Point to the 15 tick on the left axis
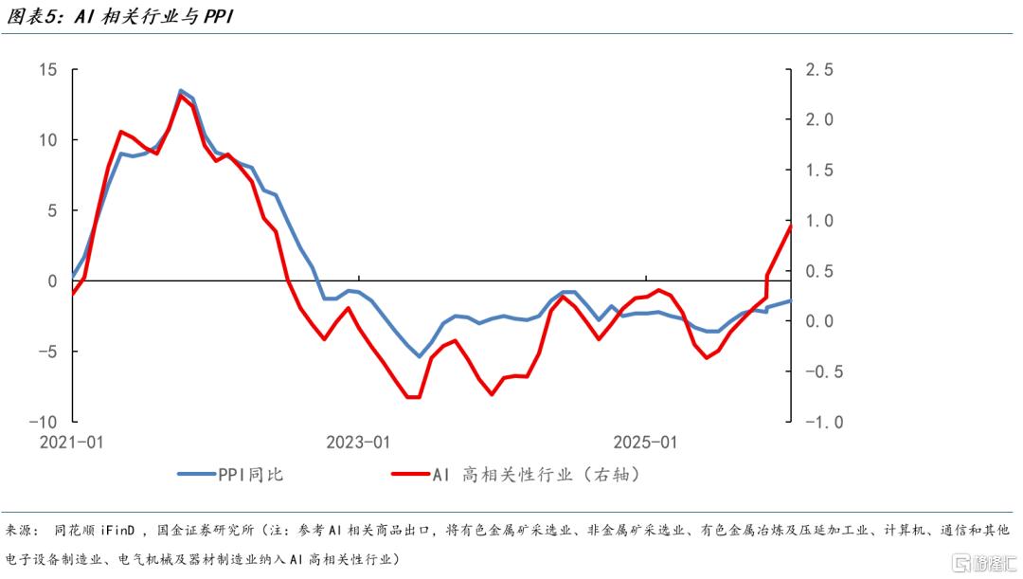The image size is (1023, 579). (48, 70)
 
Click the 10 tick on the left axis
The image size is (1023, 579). (48, 140)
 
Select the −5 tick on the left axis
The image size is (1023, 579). (45, 352)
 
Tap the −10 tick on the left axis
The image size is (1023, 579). (42, 422)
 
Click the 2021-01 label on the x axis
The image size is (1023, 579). (72, 443)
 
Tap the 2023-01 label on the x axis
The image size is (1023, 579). (357, 443)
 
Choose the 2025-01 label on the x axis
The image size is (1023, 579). (645, 443)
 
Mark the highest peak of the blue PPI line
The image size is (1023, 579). (181, 91)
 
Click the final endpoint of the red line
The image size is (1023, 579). (790, 226)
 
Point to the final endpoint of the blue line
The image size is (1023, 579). (790, 300)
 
